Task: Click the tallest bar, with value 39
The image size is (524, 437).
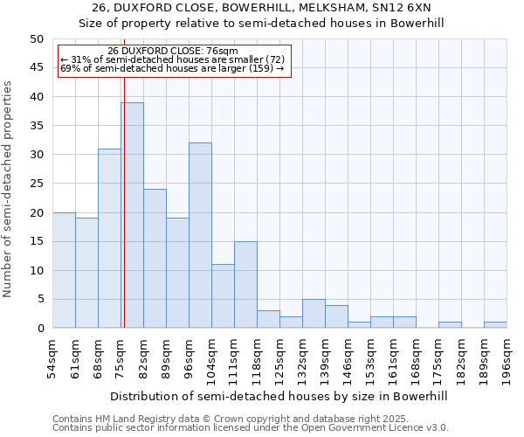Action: pos(132,215)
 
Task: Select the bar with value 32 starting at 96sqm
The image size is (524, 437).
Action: pos(200,235)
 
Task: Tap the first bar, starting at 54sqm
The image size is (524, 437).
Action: pos(64,270)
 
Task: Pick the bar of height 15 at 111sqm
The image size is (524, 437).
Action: pos(245,284)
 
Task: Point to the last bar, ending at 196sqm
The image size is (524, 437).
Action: pos(495,325)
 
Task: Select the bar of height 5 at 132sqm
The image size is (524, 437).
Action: pos(314,314)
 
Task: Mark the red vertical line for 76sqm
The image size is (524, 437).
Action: pos(124,201)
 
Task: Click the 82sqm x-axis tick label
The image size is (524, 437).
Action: pos(144,357)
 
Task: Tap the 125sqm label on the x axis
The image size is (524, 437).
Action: pos(280,357)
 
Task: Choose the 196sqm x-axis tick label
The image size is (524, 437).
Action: pos(507,357)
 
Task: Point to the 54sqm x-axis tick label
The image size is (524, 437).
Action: pos(53,357)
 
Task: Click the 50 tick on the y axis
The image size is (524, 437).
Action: pos(36,39)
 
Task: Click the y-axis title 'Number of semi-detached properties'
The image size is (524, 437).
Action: pos(9,189)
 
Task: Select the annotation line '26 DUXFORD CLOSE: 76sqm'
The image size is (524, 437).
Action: pos(172,51)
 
